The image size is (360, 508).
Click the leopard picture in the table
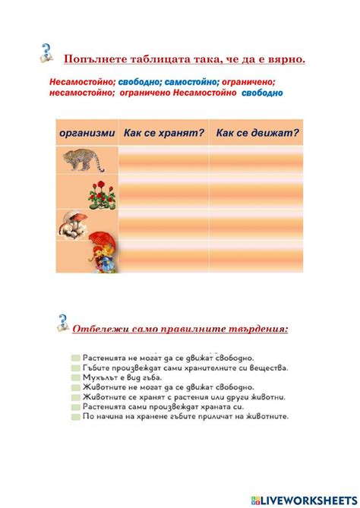point(86,159)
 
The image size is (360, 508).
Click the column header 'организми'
point(87,133)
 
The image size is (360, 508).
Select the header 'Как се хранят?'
point(164,133)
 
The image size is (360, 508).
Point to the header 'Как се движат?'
point(257,133)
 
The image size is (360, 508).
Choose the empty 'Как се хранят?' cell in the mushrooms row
point(164,225)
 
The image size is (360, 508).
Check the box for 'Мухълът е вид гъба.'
point(74,377)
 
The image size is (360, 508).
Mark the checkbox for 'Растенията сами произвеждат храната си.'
point(74,406)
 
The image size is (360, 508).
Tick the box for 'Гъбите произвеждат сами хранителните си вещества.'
point(74,367)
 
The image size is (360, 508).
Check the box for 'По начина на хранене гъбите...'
point(74,416)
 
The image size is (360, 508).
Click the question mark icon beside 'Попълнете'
point(47,53)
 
